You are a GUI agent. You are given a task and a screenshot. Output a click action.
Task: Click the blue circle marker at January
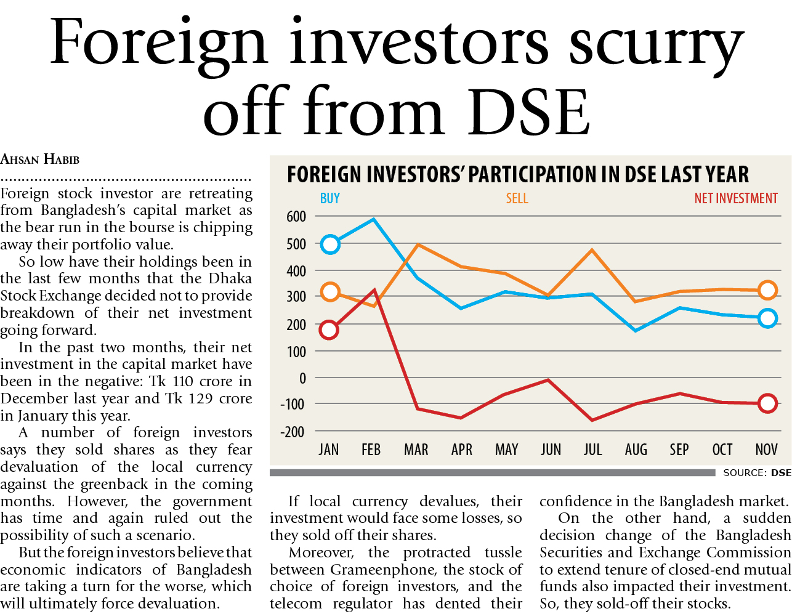click(x=330, y=244)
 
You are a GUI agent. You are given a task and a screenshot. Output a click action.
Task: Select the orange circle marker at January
click(x=330, y=292)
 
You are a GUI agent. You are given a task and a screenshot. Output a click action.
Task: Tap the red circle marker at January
click(x=329, y=330)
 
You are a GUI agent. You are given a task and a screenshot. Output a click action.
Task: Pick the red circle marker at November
click(x=767, y=404)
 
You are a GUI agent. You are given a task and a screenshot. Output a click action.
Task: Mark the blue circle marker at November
click(x=767, y=318)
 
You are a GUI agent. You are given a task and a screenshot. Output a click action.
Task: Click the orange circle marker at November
click(x=767, y=290)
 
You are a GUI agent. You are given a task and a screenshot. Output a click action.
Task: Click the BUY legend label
click(x=330, y=198)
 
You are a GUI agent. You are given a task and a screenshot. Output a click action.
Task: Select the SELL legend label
click(x=517, y=198)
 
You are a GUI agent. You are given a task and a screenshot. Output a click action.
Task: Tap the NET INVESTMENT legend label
click(x=736, y=198)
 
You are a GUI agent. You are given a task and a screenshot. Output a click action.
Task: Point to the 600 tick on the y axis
click(x=296, y=217)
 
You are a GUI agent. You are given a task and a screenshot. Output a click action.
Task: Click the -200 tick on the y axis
click(x=293, y=432)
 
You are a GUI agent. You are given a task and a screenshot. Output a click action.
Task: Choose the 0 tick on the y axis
click(x=302, y=378)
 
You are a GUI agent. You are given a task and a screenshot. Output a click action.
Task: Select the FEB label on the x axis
click(x=371, y=450)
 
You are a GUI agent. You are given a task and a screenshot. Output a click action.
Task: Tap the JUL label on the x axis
click(x=592, y=450)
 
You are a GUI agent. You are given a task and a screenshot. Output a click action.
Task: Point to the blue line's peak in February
click(x=373, y=219)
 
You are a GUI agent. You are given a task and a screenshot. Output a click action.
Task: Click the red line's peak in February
click(x=374, y=289)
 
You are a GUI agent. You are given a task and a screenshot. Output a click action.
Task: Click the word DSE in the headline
click(x=528, y=113)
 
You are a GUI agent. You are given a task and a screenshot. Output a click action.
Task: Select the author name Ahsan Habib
click(x=40, y=160)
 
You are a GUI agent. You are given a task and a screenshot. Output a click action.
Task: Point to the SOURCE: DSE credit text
click(x=757, y=473)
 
